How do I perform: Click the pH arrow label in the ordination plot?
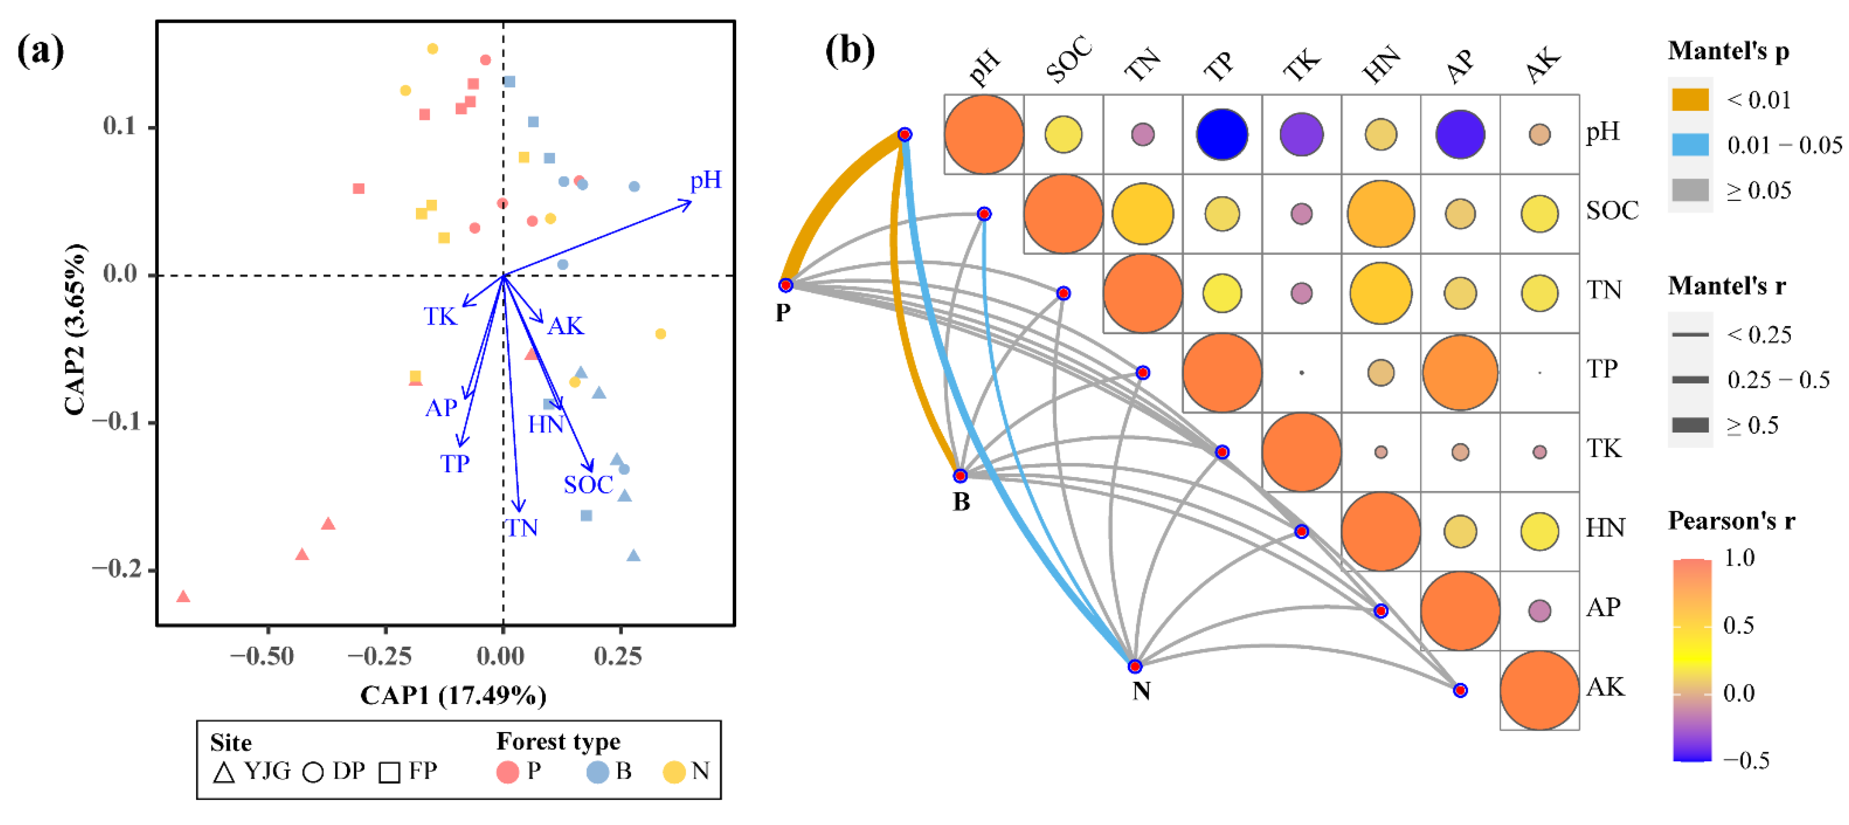705,180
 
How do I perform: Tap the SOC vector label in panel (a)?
588,486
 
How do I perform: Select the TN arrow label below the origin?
522,528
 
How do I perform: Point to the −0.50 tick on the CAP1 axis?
262,656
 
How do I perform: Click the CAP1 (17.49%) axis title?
453,695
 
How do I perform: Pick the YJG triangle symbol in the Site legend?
224,773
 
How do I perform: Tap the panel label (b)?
849,51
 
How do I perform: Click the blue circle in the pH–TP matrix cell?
1222,134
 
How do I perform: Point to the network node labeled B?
960,475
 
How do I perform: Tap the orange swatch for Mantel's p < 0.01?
1690,100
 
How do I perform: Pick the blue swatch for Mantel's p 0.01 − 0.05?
1690,144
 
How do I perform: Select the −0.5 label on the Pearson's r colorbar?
1746,760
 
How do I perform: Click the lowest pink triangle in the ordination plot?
183,597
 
